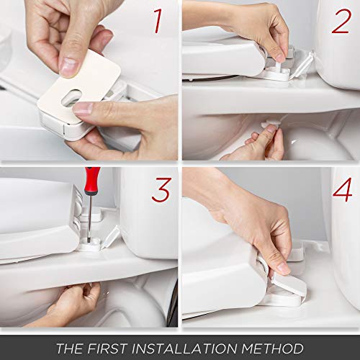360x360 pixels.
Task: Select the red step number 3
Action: (x=161, y=190)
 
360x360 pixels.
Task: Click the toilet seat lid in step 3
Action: (x=36, y=216)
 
